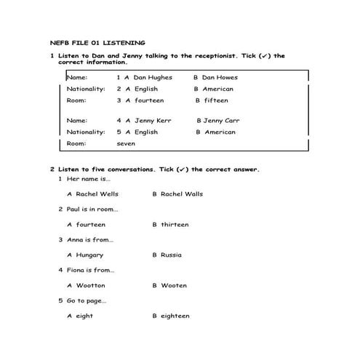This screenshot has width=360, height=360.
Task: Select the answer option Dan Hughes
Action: pyautogui.click(x=153, y=77)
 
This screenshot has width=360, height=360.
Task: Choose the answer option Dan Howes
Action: pyautogui.click(x=220, y=77)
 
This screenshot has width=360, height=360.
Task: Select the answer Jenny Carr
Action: pyautogui.click(x=222, y=121)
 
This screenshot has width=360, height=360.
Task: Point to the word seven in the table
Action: pyautogui.click(x=126, y=144)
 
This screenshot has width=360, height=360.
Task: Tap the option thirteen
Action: pyautogui.click(x=175, y=225)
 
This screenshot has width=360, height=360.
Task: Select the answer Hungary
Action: pyautogui.click(x=89, y=255)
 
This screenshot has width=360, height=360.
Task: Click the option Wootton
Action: pyautogui.click(x=91, y=286)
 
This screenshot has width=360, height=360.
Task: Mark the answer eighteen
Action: pyautogui.click(x=175, y=316)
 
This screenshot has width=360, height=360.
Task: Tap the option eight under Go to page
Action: pyautogui.click(x=84, y=316)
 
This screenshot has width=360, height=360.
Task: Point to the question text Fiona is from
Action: pyautogui.click(x=90, y=270)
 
